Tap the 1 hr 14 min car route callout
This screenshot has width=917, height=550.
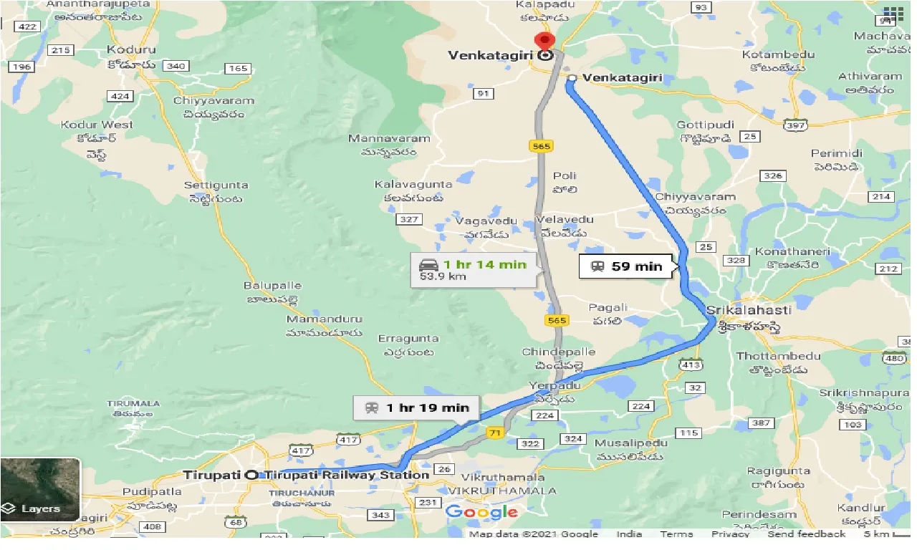(474, 270)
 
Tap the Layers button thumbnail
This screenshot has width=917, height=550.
(40, 489)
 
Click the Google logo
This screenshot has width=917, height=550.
(481, 511)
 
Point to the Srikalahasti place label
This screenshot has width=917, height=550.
(749, 310)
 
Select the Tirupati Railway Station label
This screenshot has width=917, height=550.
(347, 475)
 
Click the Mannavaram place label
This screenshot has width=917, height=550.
(390, 138)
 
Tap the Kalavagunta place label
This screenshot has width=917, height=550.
(413, 185)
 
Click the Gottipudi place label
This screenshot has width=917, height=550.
(706, 125)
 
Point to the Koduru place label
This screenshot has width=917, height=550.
(131, 50)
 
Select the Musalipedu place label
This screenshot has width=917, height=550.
(630, 443)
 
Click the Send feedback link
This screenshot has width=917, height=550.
(806, 534)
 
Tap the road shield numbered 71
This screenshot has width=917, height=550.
(494, 432)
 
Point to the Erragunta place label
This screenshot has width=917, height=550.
(408, 338)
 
